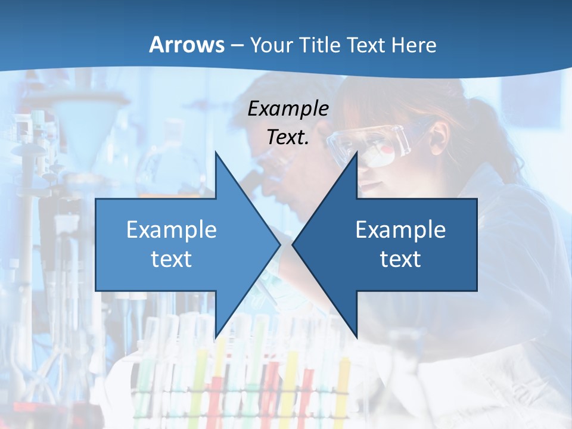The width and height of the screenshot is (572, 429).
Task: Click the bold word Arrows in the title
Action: click(x=186, y=45)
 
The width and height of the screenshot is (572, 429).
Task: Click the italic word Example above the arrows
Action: click(x=288, y=109)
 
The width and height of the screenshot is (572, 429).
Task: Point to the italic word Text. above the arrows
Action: click(x=288, y=137)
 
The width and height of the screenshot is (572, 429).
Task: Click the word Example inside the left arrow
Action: click(x=171, y=229)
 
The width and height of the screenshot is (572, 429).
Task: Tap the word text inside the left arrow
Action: click(x=171, y=259)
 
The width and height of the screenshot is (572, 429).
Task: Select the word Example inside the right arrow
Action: click(x=400, y=229)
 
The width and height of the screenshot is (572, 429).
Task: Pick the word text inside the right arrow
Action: click(x=400, y=259)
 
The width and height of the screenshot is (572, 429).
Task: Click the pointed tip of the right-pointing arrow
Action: click(x=280, y=244)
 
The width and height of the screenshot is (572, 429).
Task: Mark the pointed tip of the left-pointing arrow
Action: click(x=293, y=244)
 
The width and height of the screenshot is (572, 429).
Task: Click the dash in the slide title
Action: click(x=237, y=45)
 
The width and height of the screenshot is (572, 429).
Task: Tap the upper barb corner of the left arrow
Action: click(x=216, y=152)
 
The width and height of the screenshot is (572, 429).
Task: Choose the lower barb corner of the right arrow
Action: click(x=356, y=337)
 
